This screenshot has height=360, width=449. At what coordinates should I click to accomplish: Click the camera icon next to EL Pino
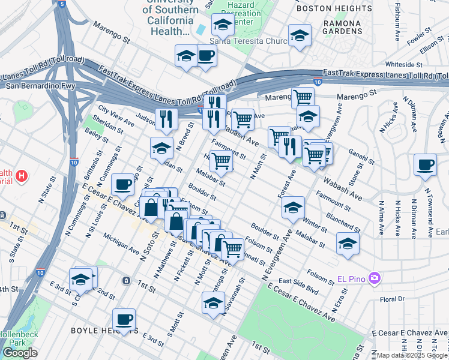point(375,278)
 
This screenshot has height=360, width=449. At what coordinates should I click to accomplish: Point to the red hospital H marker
point(22,176)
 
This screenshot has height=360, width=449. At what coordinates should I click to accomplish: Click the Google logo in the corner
point(20,353)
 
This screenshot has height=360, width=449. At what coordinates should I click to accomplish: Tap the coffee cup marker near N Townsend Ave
point(425,164)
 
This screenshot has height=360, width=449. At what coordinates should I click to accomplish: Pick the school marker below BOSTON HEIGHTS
point(299,35)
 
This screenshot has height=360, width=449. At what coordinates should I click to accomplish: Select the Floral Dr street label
point(393,298)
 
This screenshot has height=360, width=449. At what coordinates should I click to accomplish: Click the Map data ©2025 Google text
point(412,355)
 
